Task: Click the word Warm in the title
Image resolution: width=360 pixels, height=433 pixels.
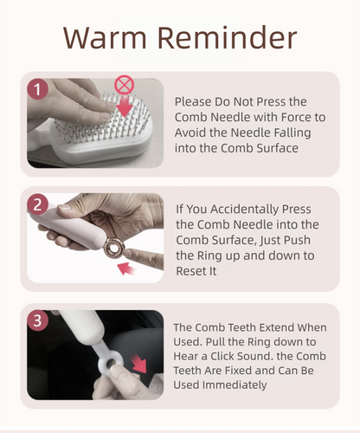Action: [x=107, y=39]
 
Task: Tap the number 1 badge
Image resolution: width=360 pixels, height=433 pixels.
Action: [x=37, y=89]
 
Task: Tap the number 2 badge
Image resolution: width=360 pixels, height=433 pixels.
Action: [x=37, y=205]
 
